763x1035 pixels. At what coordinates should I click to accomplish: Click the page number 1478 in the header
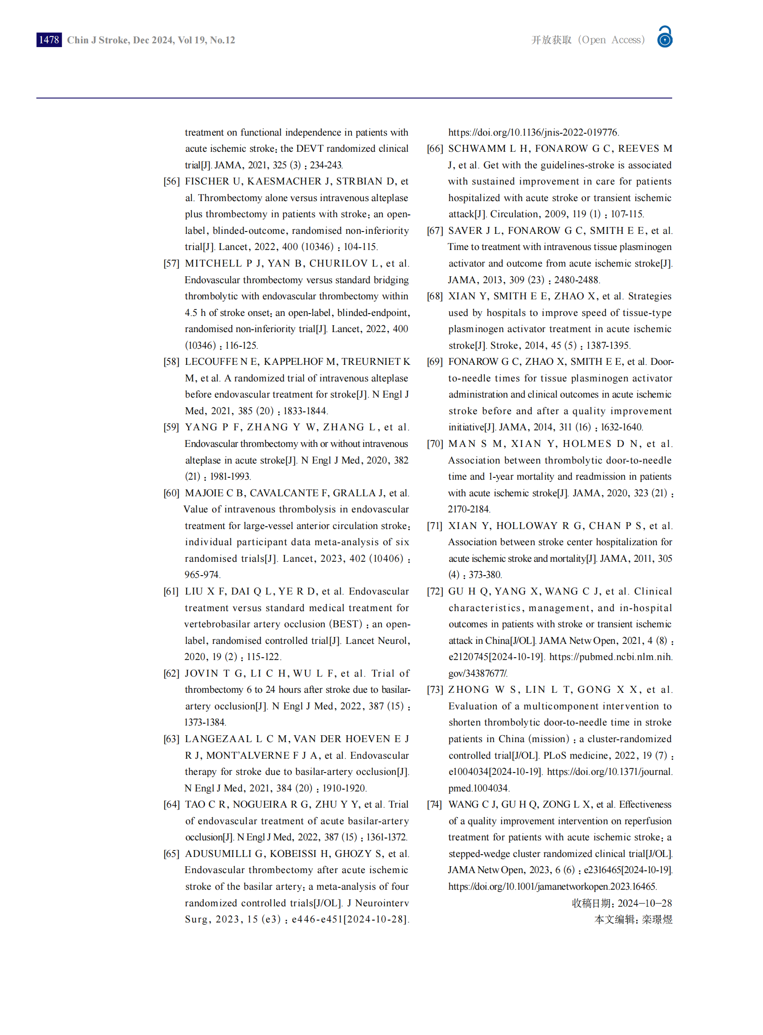coord(49,40)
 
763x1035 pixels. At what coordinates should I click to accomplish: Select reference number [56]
coord(171,182)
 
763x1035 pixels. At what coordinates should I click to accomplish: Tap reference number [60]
coord(171,493)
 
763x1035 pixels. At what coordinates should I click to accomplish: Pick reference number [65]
coord(171,854)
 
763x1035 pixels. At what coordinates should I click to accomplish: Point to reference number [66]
coord(435,149)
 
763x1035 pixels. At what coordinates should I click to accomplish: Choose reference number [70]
coord(435,444)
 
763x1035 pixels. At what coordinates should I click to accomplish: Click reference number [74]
coord(435,804)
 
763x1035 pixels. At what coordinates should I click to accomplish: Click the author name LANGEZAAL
coord(218,739)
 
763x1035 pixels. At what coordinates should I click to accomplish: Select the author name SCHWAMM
coord(477,149)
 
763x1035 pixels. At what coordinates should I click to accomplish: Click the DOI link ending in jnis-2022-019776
coord(533,132)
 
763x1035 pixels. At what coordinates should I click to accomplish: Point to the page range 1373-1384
coord(205,722)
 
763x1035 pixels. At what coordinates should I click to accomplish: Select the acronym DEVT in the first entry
coord(310,149)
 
